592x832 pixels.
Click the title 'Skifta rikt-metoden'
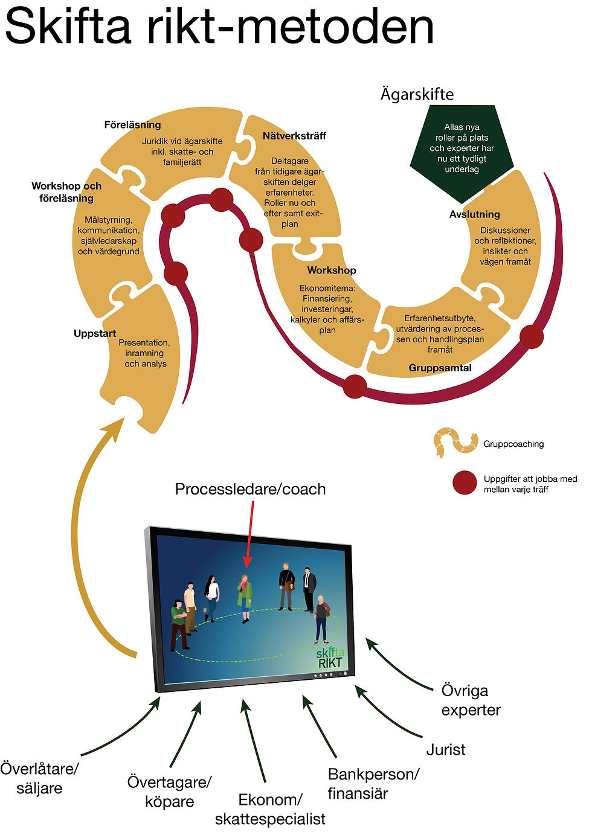coord(219,27)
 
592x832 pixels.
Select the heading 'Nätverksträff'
coord(294,136)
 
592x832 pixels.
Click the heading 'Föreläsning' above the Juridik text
coord(132,125)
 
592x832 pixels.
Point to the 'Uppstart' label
coord(95,333)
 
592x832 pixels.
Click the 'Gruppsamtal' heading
coord(440,368)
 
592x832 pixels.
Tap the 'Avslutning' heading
coord(475,214)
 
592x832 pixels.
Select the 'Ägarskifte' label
coord(417,94)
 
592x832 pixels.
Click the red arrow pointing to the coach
coord(249,534)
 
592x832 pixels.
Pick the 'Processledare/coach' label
coord(250,489)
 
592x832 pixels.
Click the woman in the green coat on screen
coord(244,599)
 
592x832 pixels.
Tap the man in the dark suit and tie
coord(309,590)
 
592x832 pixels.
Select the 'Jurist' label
coord(446,749)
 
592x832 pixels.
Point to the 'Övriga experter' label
coord(471,700)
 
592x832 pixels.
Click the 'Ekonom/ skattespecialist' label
coord(270,809)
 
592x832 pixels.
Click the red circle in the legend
coord(465,483)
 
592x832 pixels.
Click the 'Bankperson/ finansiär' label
coord(373,784)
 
